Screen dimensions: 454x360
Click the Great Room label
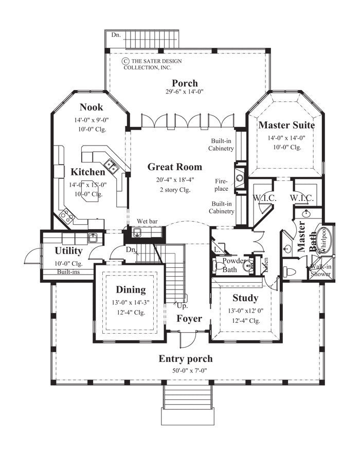click(174, 167)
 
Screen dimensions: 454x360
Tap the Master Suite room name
click(286, 125)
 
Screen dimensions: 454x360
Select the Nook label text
click(91, 107)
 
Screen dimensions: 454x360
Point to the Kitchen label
click(88, 172)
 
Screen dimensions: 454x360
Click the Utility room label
click(68, 251)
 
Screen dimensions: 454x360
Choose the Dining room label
click(130, 290)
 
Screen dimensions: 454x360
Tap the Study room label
click(245, 298)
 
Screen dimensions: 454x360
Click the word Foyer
click(189, 319)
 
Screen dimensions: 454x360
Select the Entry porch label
click(185, 359)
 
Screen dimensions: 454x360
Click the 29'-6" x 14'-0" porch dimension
click(185, 93)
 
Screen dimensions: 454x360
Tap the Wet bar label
click(146, 222)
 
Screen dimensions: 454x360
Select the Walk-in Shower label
click(320, 270)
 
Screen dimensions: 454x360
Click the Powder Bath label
click(235, 265)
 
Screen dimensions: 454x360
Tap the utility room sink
click(93, 237)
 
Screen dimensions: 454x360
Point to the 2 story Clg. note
click(174, 189)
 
